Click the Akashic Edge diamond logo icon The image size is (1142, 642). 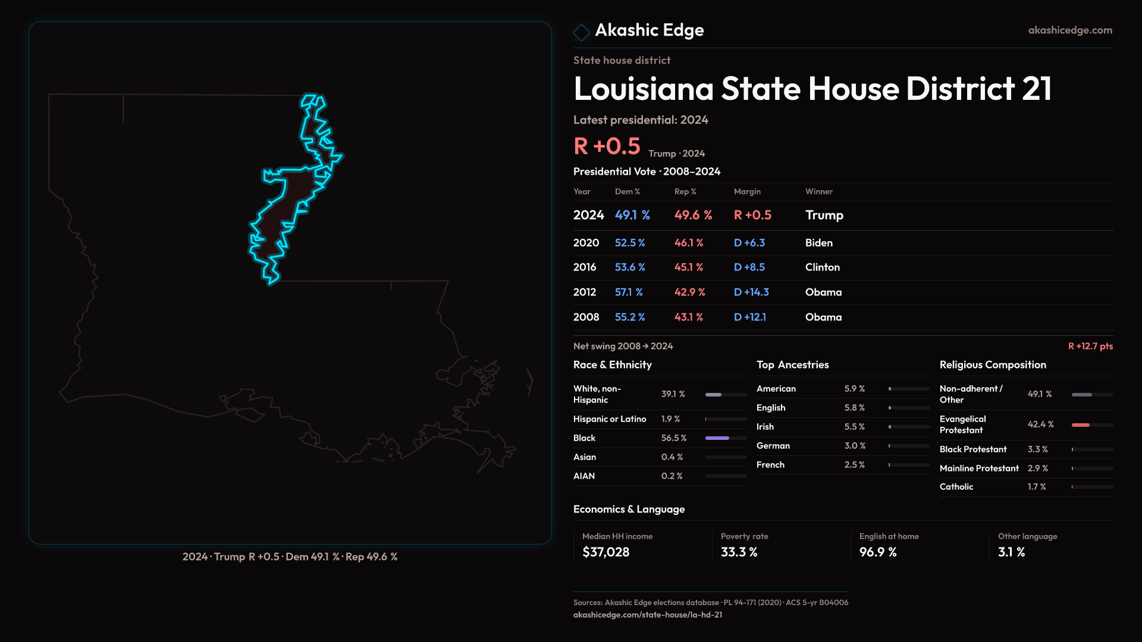pyautogui.click(x=581, y=32)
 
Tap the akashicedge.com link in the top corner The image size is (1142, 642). pyautogui.click(x=1069, y=30)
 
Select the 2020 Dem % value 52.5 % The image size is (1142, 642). pyautogui.click(x=629, y=243)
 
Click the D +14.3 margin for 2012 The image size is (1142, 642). pyautogui.click(x=751, y=292)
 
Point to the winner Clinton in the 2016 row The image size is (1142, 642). pyautogui.click(x=822, y=267)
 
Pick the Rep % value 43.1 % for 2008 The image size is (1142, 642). pyautogui.click(x=688, y=317)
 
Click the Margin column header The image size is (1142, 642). pyautogui.click(x=746, y=191)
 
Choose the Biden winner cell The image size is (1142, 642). pyautogui.click(x=818, y=243)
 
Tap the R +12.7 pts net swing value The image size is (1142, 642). pyautogui.click(x=1090, y=346)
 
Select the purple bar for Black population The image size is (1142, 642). pyautogui.click(x=717, y=438)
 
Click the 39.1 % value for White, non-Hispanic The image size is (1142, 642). pyautogui.click(x=673, y=394)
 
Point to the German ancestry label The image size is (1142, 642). pyautogui.click(x=773, y=446)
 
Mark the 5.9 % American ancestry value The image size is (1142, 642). pyautogui.click(x=854, y=389)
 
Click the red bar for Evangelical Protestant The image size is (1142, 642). pyautogui.click(x=1080, y=425)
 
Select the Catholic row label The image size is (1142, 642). pyautogui.click(x=956, y=487)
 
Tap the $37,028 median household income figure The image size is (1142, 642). pyautogui.click(x=605, y=552)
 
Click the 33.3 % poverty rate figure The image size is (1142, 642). pyautogui.click(x=739, y=552)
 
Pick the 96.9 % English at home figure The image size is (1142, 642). pyautogui.click(x=877, y=552)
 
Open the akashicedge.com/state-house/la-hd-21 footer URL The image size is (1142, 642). pyautogui.click(x=647, y=615)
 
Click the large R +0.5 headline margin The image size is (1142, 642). pyautogui.click(x=606, y=146)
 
